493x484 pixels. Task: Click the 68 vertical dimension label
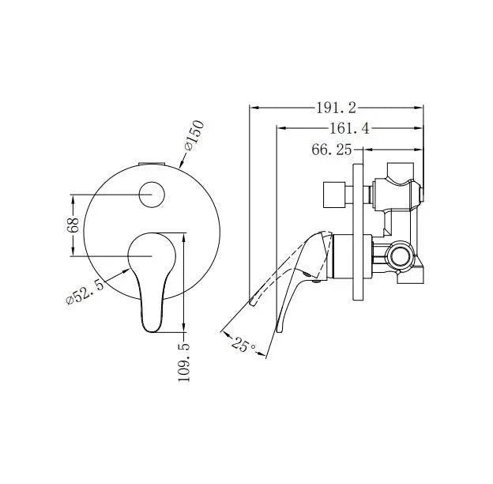click(73, 225)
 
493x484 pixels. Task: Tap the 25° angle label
click(243, 344)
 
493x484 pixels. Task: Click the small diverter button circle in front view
click(152, 193)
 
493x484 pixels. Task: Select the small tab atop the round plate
click(152, 164)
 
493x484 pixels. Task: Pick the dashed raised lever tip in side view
click(254, 299)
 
